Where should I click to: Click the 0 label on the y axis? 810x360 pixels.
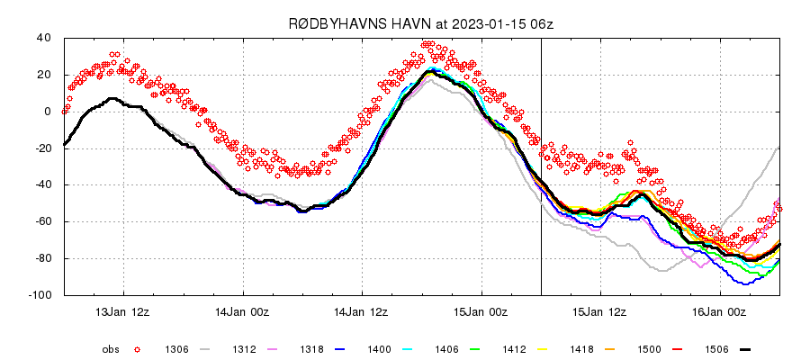click(48, 112)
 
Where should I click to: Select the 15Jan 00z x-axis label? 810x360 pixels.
click(481, 312)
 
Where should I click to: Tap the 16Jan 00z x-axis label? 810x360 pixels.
click(720, 312)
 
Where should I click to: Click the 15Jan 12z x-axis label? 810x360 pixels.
click(601, 312)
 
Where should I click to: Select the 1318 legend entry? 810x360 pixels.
click(303, 349)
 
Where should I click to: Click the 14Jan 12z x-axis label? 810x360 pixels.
click(363, 312)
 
